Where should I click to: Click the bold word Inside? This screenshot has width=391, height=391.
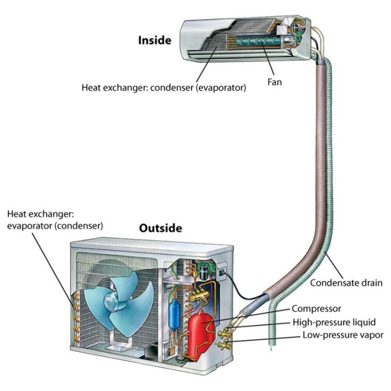(155, 41)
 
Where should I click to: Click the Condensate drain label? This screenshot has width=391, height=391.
(347, 283)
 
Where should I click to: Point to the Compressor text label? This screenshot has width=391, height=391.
(316, 308)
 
